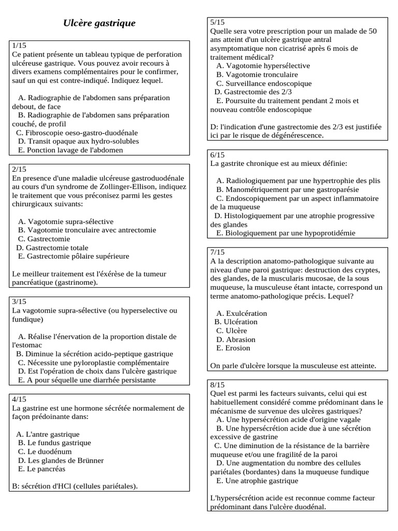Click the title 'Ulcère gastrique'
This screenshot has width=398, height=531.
(99, 23)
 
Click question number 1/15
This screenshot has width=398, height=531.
(19, 46)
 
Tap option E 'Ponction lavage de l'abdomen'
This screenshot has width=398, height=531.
(70, 150)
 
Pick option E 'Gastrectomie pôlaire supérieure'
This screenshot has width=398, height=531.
(74, 256)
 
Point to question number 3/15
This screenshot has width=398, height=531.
(19, 301)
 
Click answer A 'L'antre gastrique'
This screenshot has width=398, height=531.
(48, 434)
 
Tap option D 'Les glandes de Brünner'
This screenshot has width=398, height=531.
(61, 460)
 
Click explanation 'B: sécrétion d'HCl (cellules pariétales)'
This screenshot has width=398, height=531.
(75, 486)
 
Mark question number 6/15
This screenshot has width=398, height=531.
(217, 155)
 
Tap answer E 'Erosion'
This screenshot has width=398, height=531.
(233, 348)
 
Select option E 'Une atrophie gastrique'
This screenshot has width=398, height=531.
(257, 481)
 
